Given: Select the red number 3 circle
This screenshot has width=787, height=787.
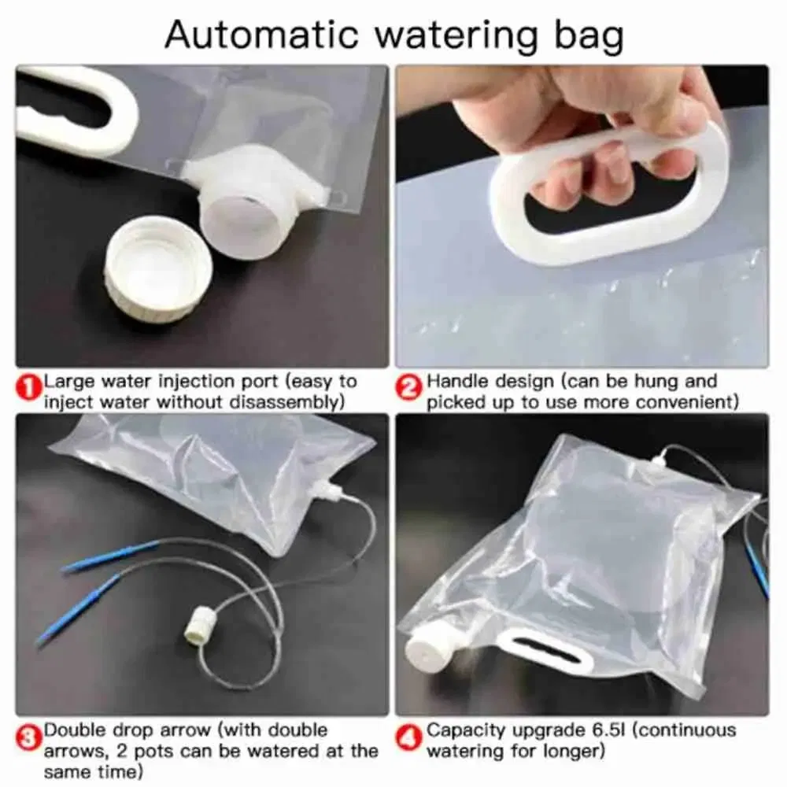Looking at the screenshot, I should tap(28, 737).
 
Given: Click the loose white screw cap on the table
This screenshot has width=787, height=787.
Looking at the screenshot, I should tap(158, 268).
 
